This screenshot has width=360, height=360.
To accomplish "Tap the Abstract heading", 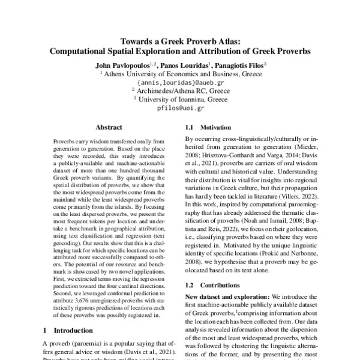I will click(x=109, y=127).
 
